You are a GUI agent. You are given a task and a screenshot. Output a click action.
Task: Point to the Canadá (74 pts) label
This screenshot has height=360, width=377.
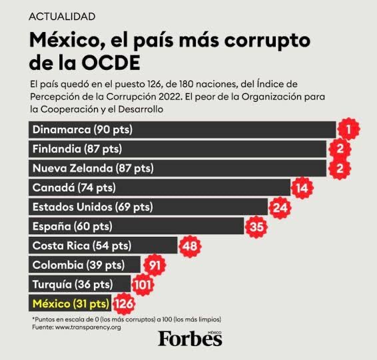(74, 188)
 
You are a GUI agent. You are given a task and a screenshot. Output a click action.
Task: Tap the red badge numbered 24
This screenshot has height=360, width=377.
(280, 208)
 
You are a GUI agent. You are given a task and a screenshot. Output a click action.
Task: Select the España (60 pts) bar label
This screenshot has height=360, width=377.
(73, 226)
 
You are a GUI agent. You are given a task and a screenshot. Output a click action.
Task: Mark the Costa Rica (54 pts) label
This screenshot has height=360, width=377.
(82, 246)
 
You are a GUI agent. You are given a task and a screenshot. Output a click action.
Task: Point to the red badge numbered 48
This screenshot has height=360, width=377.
(190, 246)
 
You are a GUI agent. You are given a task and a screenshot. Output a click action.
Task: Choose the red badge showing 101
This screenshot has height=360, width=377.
(143, 285)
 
